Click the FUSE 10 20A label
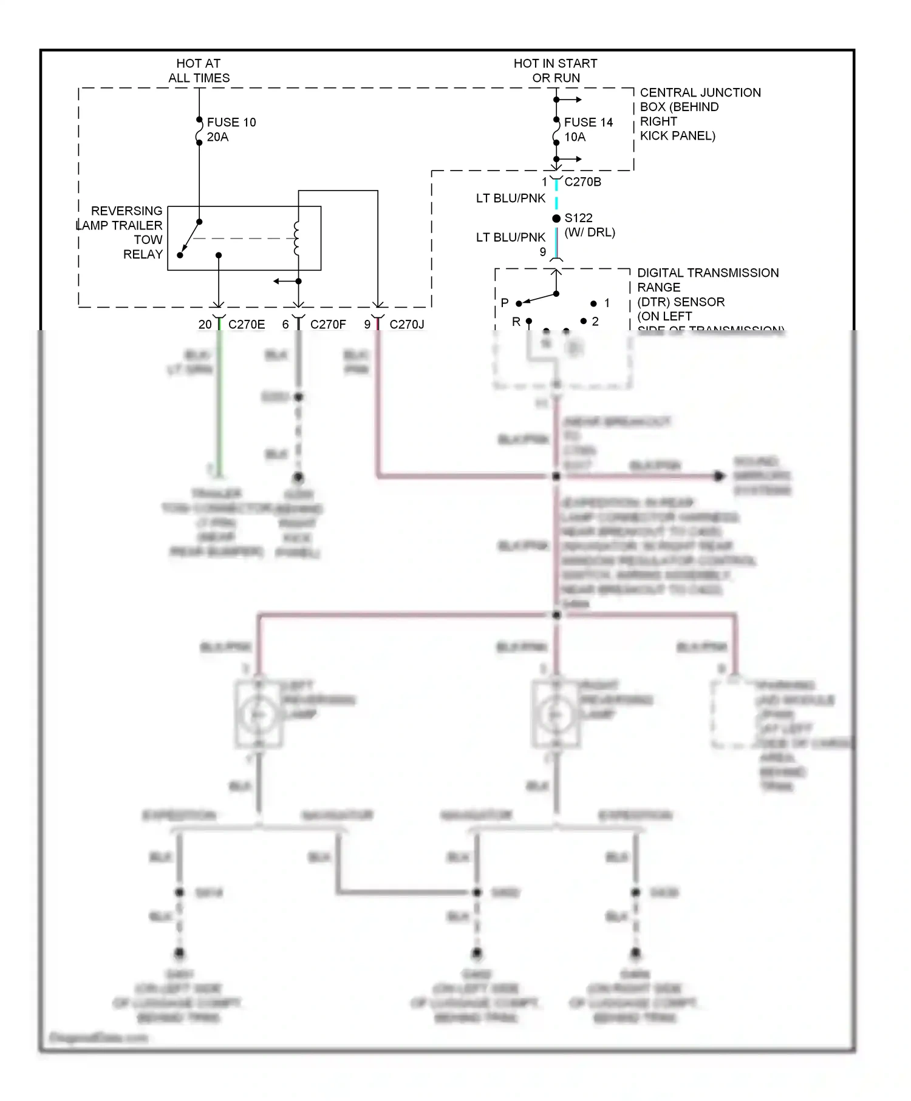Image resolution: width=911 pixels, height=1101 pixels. pyautogui.click(x=231, y=129)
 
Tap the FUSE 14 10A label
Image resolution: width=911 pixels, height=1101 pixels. pyautogui.click(x=588, y=129)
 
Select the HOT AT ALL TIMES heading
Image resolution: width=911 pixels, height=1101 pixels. pyautogui.click(x=199, y=70)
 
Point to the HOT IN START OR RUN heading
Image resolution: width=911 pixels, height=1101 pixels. pyautogui.click(x=555, y=70)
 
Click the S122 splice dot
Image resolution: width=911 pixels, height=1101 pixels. pyautogui.click(x=556, y=219)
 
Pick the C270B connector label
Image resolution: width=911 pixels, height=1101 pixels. pyautogui.click(x=582, y=181)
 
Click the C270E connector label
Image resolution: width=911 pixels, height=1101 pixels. pyautogui.click(x=247, y=325)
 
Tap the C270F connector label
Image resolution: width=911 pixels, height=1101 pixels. pyautogui.click(x=328, y=325)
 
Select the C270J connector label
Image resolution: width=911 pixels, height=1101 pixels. pyautogui.click(x=406, y=325)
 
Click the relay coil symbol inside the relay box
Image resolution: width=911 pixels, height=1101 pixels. pyautogui.click(x=297, y=239)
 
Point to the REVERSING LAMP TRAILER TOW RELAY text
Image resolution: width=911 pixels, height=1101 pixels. pyautogui.click(x=121, y=232)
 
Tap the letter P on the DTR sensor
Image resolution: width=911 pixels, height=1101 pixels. pyautogui.click(x=505, y=302)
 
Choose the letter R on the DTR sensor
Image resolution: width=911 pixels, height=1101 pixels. pyautogui.click(x=516, y=322)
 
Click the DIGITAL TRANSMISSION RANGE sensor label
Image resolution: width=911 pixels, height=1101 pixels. pyautogui.click(x=707, y=294)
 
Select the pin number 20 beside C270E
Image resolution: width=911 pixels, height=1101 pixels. pyautogui.click(x=205, y=325)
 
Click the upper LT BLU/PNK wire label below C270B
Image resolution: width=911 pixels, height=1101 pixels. pyautogui.click(x=510, y=198)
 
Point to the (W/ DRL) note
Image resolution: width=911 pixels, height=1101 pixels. pyautogui.click(x=590, y=232)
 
